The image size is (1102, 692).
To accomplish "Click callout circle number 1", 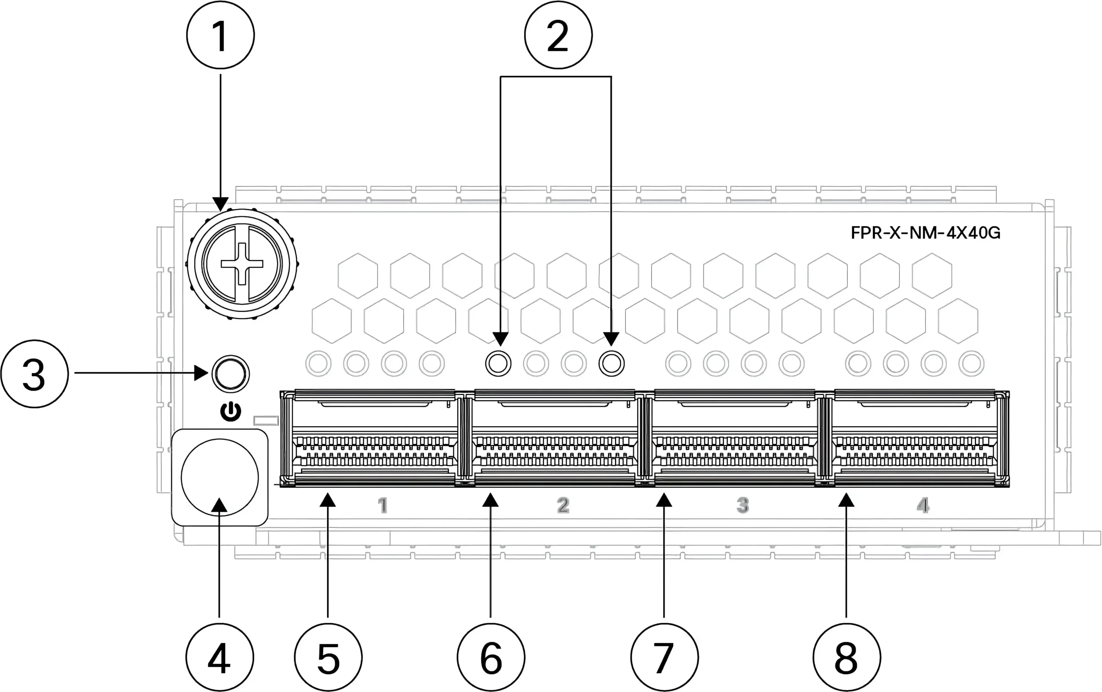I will coord(220,35).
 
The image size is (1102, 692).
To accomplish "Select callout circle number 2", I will coord(558,35).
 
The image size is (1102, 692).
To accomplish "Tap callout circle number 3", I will coord(35,373).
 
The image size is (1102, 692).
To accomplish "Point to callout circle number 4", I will coord(220,658).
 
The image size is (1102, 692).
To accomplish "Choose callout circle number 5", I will coord(328,658).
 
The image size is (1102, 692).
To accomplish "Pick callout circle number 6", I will coord(491,658).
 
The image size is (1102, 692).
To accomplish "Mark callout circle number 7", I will coord(664,658).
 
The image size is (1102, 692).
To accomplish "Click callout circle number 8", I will coord(846,658).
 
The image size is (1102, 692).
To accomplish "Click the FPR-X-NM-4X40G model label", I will coord(925,233).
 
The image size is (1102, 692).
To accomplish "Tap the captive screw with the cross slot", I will coord(242,264).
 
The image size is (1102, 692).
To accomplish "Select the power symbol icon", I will coord(231,411).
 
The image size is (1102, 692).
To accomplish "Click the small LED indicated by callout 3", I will coord(231,373).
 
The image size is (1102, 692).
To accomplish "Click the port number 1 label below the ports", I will coord(382,506).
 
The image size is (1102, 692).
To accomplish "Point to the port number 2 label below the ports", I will coord(563,506).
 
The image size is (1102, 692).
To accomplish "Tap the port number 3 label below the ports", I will coord(743,506).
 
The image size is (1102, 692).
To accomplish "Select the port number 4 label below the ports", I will coord(923,506).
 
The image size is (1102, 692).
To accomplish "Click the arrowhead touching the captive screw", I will coord(220,204).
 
